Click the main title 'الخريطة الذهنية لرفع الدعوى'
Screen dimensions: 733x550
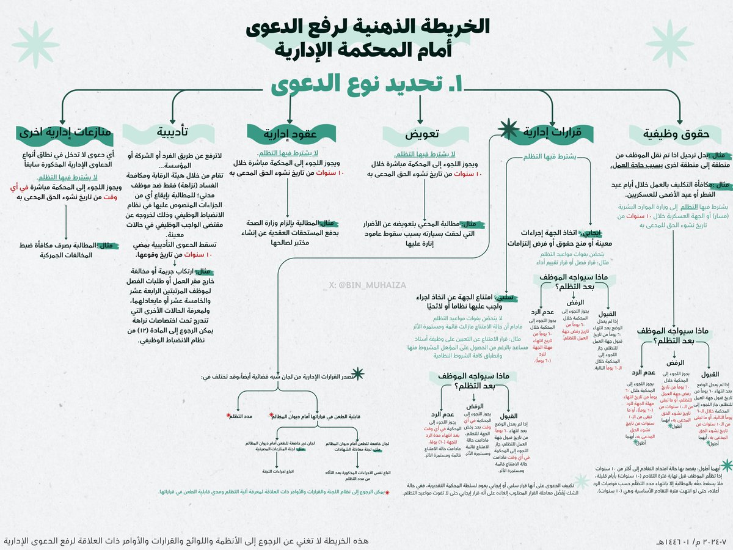[x=366, y=28]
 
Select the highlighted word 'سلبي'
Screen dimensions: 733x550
[x=508, y=297]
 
